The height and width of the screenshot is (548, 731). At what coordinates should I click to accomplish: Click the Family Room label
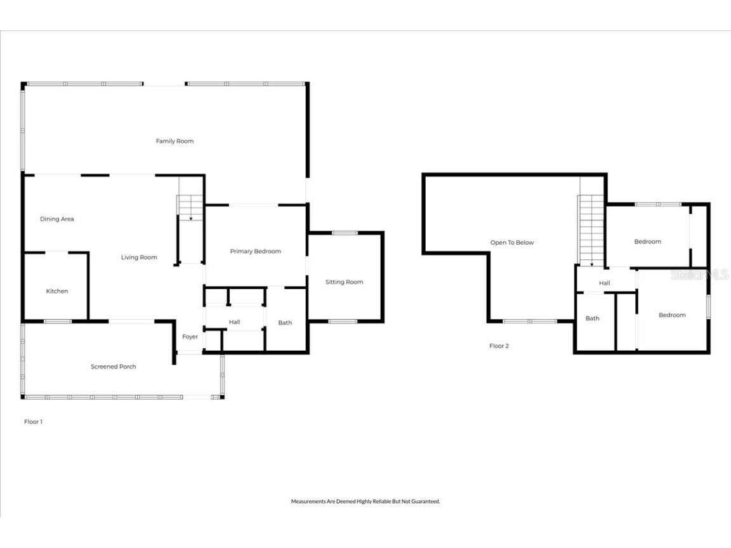click(x=175, y=141)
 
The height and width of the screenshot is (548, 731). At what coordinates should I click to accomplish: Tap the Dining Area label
click(x=57, y=219)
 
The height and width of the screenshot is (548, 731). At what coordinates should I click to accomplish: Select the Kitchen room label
click(x=57, y=291)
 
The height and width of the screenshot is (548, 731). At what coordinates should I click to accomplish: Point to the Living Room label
click(x=139, y=257)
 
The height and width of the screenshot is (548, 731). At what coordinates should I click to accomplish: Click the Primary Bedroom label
click(x=255, y=251)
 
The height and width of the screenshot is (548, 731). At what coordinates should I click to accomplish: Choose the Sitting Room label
click(x=344, y=282)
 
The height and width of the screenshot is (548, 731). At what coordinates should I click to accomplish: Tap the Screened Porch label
click(x=113, y=366)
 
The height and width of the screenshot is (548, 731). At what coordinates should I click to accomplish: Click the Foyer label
click(x=190, y=336)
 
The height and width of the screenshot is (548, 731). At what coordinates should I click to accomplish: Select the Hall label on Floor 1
click(x=234, y=322)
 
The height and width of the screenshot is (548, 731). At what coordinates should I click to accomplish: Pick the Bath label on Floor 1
click(x=285, y=322)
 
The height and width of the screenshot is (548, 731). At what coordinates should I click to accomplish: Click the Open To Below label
click(x=512, y=242)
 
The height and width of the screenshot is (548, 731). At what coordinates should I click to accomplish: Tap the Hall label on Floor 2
click(x=605, y=283)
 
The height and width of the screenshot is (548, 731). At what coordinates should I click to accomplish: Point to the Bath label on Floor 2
click(x=592, y=318)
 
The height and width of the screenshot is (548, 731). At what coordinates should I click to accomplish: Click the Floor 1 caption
click(x=33, y=421)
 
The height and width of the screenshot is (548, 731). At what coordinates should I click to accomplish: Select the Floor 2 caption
click(x=499, y=346)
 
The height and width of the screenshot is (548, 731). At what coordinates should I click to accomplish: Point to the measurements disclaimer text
click(x=365, y=501)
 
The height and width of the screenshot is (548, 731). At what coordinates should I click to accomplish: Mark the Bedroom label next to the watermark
click(x=647, y=241)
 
